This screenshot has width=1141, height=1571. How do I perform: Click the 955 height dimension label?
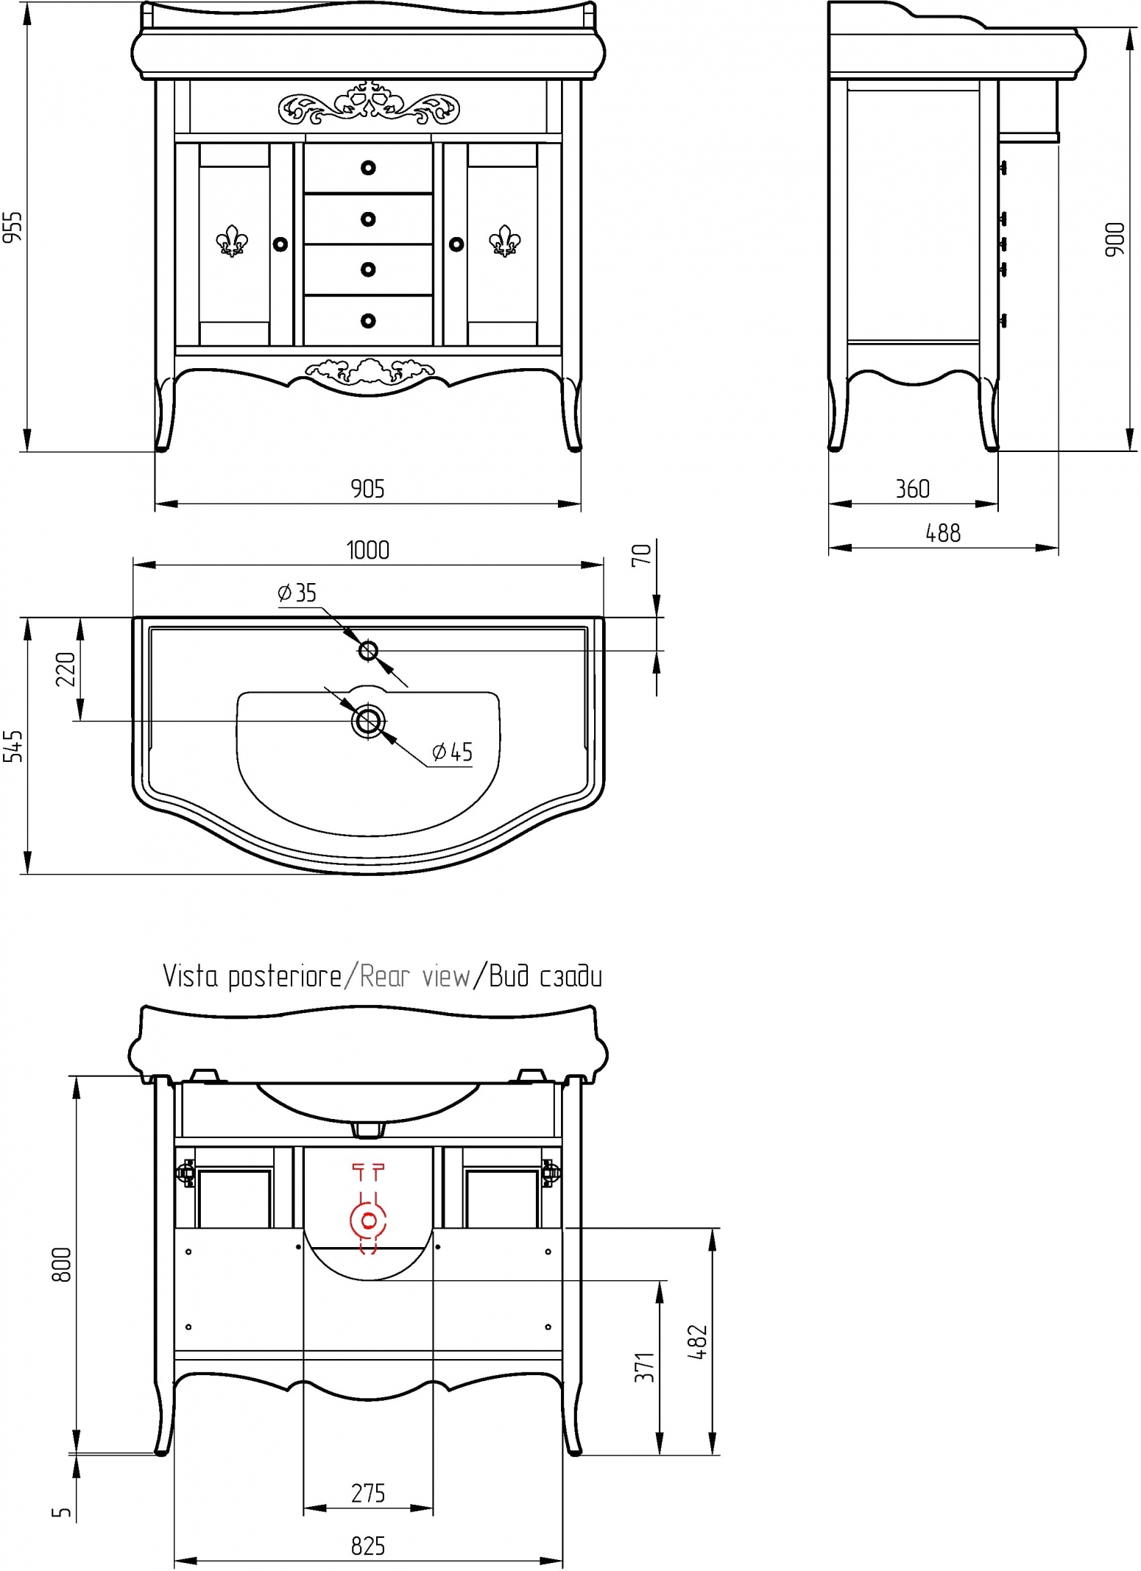coord(13,227)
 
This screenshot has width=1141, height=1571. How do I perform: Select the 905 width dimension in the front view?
coord(367,489)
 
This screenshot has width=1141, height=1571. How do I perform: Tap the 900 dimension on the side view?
coord(1115,239)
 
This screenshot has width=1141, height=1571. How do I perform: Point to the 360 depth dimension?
coord(913,489)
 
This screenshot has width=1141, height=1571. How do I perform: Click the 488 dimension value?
coord(943,533)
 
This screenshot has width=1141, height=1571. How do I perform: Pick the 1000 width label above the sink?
coord(367,550)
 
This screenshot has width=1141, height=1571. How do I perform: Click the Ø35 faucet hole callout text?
coord(297,593)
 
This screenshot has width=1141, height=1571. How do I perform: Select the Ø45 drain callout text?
coord(453,752)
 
